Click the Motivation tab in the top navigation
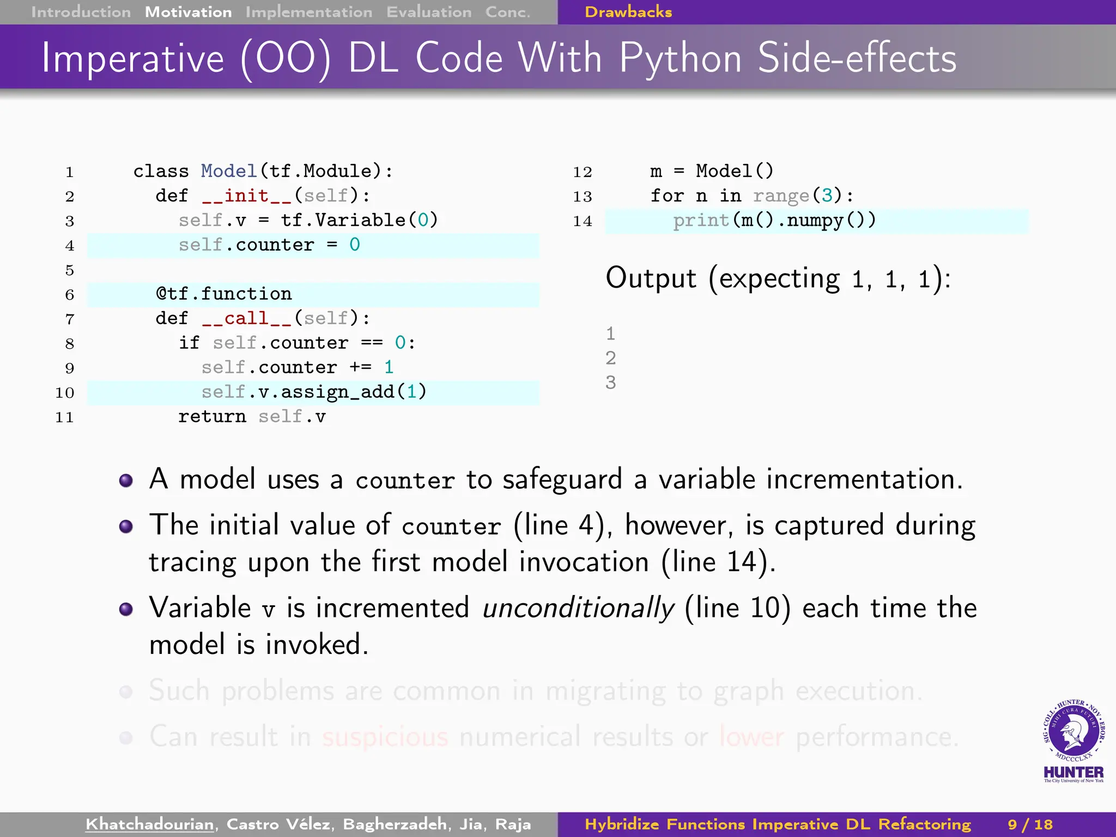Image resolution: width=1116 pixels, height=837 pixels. [x=188, y=12]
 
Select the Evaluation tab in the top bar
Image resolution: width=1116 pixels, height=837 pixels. [x=429, y=12]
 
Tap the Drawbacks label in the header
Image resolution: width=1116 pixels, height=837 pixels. [x=628, y=12]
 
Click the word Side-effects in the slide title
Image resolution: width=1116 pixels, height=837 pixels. [x=857, y=58]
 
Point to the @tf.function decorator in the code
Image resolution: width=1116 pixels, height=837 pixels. [x=224, y=294]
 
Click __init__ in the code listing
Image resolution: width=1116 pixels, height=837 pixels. [x=247, y=196]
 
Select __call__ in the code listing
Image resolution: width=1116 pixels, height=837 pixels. [x=247, y=318]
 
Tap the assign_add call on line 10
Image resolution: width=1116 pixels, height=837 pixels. [x=337, y=392]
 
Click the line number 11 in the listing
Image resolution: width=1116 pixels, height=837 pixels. [x=64, y=417]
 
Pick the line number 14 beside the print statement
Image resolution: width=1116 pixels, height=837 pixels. [x=582, y=221]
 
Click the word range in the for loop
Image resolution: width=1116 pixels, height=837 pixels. [x=781, y=196]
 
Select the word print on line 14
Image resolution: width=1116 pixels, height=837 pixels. [x=701, y=220]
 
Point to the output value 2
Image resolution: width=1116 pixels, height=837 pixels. [x=611, y=358]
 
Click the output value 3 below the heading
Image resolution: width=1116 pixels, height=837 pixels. [x=611, y=383]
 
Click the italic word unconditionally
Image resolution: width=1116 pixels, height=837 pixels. [x=578, y=608]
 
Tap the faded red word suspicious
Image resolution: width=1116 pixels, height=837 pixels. [x=385, y=737]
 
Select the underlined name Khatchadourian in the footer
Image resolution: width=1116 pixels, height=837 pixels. [x=150, y=824]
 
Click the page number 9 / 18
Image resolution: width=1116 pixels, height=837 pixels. [x=1030, y=824]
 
